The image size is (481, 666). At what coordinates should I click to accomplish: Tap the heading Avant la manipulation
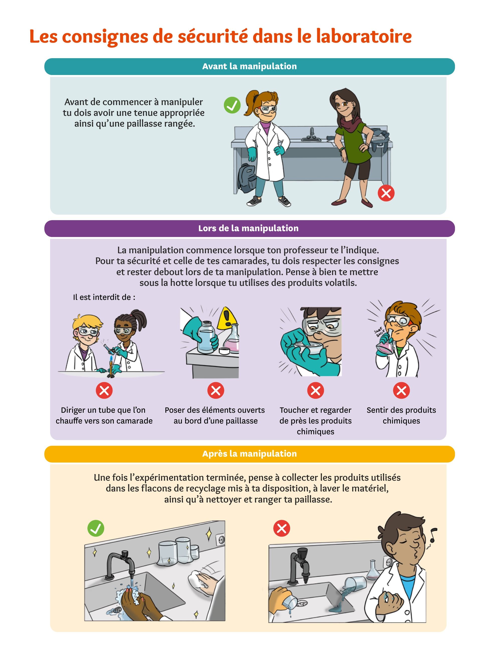pos(249,66)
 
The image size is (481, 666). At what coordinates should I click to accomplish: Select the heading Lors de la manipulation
pos(248,228)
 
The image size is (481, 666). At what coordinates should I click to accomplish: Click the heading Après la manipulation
pos(249,454)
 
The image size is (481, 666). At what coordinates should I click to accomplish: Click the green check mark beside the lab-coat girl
pos(232,105)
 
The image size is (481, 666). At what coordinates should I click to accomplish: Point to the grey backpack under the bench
pos(247,178)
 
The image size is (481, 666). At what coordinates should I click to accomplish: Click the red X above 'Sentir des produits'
pos(401,391)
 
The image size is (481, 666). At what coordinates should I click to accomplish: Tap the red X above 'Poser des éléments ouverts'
pos(215,391)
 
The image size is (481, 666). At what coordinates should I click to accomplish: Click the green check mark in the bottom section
pos(96,528)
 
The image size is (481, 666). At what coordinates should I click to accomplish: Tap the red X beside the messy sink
pos(282,528)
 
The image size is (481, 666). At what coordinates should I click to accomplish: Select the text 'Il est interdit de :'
pos(104,297)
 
